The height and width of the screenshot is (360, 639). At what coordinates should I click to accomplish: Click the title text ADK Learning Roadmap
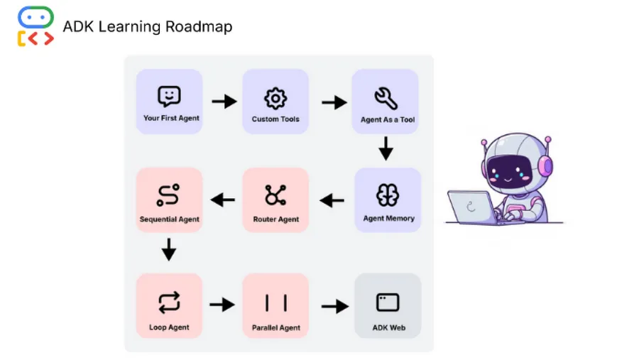tap(147, 27)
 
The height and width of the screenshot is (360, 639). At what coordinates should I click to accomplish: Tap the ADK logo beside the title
tap(35, 27)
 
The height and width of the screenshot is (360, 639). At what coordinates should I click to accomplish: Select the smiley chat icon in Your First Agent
tap(169, 96)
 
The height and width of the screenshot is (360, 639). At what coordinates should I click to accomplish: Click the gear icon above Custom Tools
tap(275, 97)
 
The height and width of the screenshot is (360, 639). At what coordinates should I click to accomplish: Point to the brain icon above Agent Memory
tap(388, 195)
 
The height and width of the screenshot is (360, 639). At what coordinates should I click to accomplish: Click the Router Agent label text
tap(276, 219)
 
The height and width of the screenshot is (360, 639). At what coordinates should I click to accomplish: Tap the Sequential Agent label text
tap(169, 219)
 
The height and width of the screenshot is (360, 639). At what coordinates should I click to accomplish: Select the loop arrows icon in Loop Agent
tap(169, 303)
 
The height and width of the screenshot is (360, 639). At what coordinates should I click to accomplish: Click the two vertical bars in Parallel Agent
tap(275, 303)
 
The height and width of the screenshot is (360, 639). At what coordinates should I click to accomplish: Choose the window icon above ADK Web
tap(388, 302)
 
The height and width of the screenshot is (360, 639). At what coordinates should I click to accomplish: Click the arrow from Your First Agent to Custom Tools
tap(224, 102)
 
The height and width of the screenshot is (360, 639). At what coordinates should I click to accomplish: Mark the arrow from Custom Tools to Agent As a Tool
tap(334, 102)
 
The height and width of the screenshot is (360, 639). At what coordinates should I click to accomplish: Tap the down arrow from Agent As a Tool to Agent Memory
tap(386, 149)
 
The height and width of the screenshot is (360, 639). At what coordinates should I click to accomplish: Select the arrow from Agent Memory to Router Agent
tap(332, 201)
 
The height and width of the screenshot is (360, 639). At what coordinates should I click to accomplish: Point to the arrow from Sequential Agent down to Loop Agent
tap(168, 249)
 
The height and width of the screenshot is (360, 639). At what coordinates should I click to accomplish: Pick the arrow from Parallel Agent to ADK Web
tap(334, 307)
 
